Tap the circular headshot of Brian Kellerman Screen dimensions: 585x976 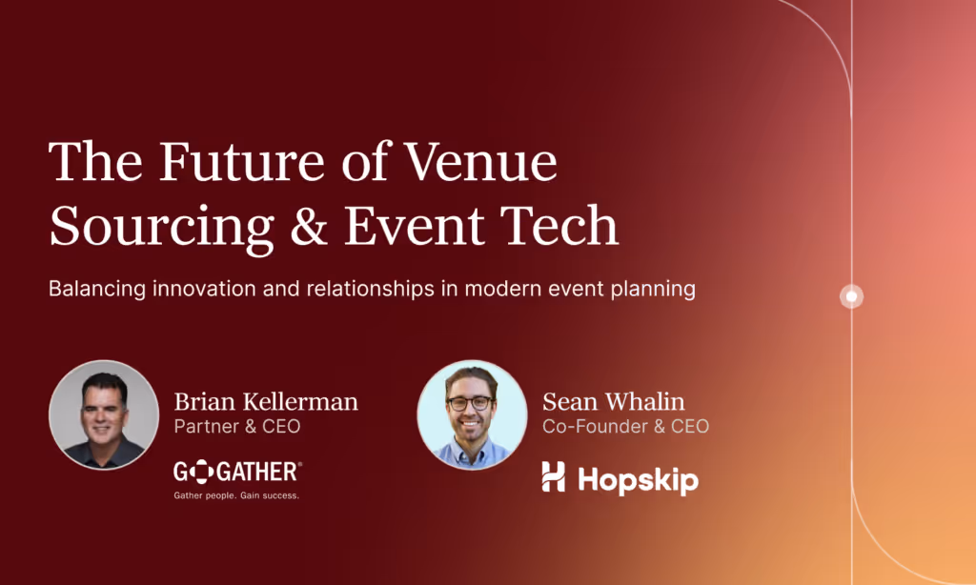coord(104,414)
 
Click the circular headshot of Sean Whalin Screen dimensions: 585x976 coord(472,414)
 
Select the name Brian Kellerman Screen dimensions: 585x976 coord(266,402)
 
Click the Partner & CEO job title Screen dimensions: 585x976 coord(237,427)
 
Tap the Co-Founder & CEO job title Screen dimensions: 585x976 coord(625,427)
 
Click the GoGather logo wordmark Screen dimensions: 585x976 coord(237,471)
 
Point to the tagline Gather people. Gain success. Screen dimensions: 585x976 coord(236,495)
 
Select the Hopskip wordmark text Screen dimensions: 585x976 coord(637,479)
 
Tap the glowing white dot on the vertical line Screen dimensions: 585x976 coord(851,296)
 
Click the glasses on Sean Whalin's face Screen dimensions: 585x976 coord(471,403)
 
